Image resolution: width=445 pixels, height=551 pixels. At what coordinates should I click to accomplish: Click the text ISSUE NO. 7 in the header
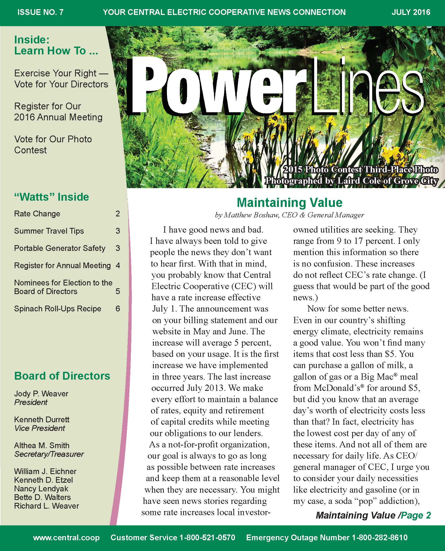tap(40, 12)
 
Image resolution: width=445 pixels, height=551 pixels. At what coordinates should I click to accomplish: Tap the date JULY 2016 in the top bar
tap(411, 12)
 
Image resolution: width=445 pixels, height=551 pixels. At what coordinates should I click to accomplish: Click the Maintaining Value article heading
tap(289, 203)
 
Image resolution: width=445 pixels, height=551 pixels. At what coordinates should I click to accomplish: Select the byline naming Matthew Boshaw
tap(289, 215)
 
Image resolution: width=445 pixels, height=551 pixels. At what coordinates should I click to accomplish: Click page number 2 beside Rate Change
tap(118, 214)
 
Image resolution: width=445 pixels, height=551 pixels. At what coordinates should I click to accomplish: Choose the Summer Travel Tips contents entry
tap(49, 231)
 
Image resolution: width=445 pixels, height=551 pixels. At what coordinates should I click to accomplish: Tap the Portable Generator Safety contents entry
tap(60, 248)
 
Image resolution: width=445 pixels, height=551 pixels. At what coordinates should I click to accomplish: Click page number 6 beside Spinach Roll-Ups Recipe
tap(118, 309)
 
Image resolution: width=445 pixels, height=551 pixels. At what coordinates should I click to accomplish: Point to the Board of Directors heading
tap(62, 376)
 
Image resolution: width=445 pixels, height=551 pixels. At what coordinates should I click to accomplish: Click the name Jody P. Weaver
tap(41, 393)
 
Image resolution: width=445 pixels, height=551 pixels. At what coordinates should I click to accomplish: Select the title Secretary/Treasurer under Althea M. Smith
tap(49, 454)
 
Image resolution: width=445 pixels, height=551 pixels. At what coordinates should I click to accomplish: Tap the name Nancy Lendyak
tap(41, 488)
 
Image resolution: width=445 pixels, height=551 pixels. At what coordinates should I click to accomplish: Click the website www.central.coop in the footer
tap(66, 537)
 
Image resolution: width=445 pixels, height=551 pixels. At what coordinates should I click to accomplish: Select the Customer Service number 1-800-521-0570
tap(207, 537)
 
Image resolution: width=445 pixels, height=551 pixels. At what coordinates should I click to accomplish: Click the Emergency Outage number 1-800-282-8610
tap(380, 537)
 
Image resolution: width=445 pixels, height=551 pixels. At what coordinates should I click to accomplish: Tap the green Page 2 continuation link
tap(416, 515)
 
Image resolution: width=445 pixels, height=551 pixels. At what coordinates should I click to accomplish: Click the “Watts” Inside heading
tap(52, 197)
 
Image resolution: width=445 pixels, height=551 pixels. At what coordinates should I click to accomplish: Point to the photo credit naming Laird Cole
tap(351, 181)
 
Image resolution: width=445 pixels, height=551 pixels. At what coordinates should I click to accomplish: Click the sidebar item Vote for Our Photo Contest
tap(53, 144)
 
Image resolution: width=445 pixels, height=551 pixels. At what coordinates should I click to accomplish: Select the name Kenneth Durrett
tap(42, 419)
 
